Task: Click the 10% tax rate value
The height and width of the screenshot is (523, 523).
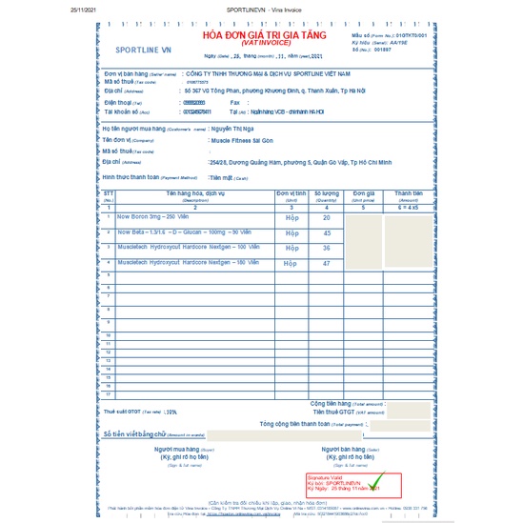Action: [x=172, y=412]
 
